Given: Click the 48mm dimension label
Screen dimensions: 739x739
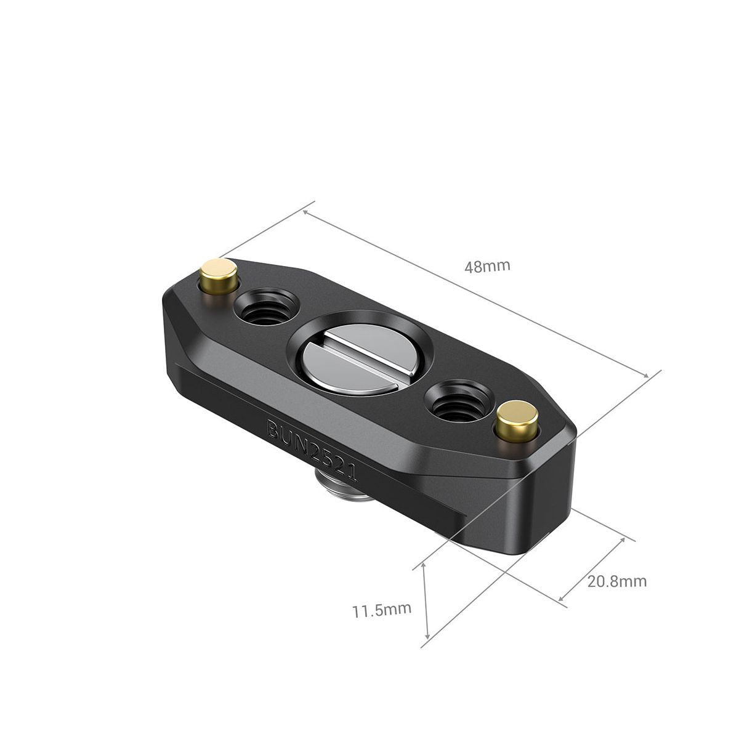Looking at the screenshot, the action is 487,266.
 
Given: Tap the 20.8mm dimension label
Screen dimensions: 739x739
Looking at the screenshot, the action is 617,581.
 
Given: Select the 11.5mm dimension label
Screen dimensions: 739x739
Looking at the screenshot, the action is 382,610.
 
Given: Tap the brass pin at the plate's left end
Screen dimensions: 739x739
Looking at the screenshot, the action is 219,277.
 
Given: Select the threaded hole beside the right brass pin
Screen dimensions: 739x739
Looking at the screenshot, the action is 457,400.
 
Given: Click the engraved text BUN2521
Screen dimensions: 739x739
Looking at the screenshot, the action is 312,449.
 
